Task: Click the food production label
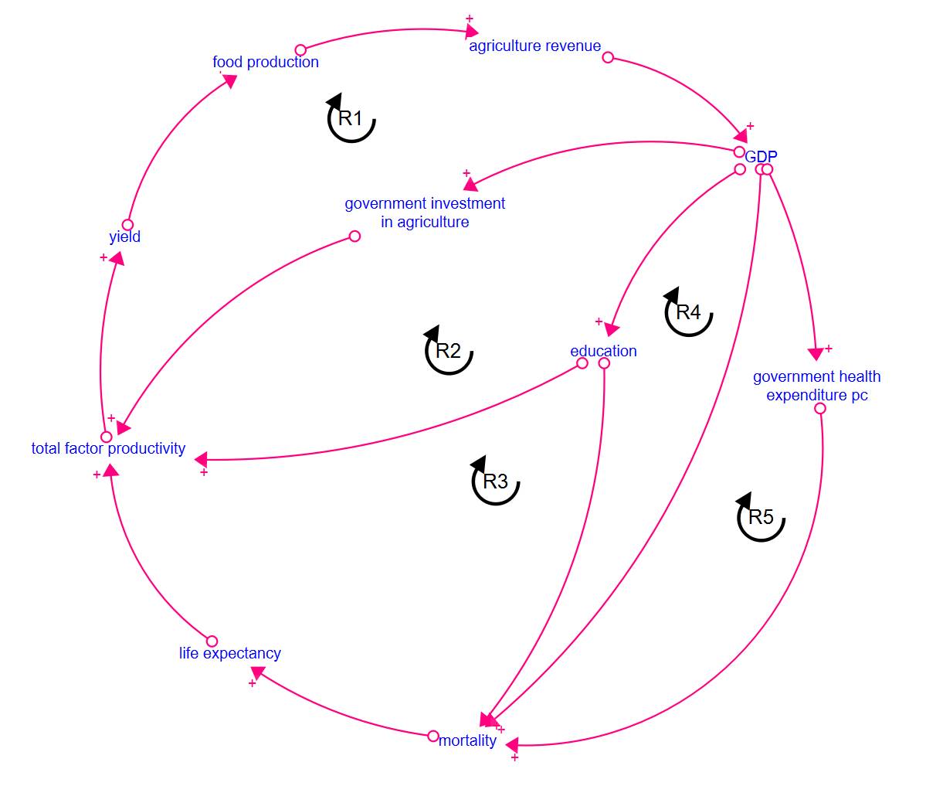click(x=266, y=62)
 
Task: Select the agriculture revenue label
click(x=534, y=46)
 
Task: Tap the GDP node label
click(x=761, y=157)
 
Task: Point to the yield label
click(x=125, y=236)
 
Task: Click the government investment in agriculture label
click(x=425, y=213)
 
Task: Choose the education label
click(x=603, y=351)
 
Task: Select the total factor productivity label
click(x=108, y=448)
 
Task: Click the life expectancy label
click(x=230, y=653)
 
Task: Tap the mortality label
click(x=467, y=740)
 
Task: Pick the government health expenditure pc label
click(x=816, y=386)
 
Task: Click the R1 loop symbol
click(x=351, y=118)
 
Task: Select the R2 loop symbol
click(x=448, y=351)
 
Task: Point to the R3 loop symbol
click(x=495, y=481)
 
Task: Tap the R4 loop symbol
click(x=687, y=312)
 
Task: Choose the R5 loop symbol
click(x=761, y=517)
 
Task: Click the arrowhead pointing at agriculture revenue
click(x=472, y=32)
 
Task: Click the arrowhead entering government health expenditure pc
click(x=816, y=354)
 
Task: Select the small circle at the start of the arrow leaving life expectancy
click(x=212, y=641)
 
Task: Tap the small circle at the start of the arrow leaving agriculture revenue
click(x=608, y=57)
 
